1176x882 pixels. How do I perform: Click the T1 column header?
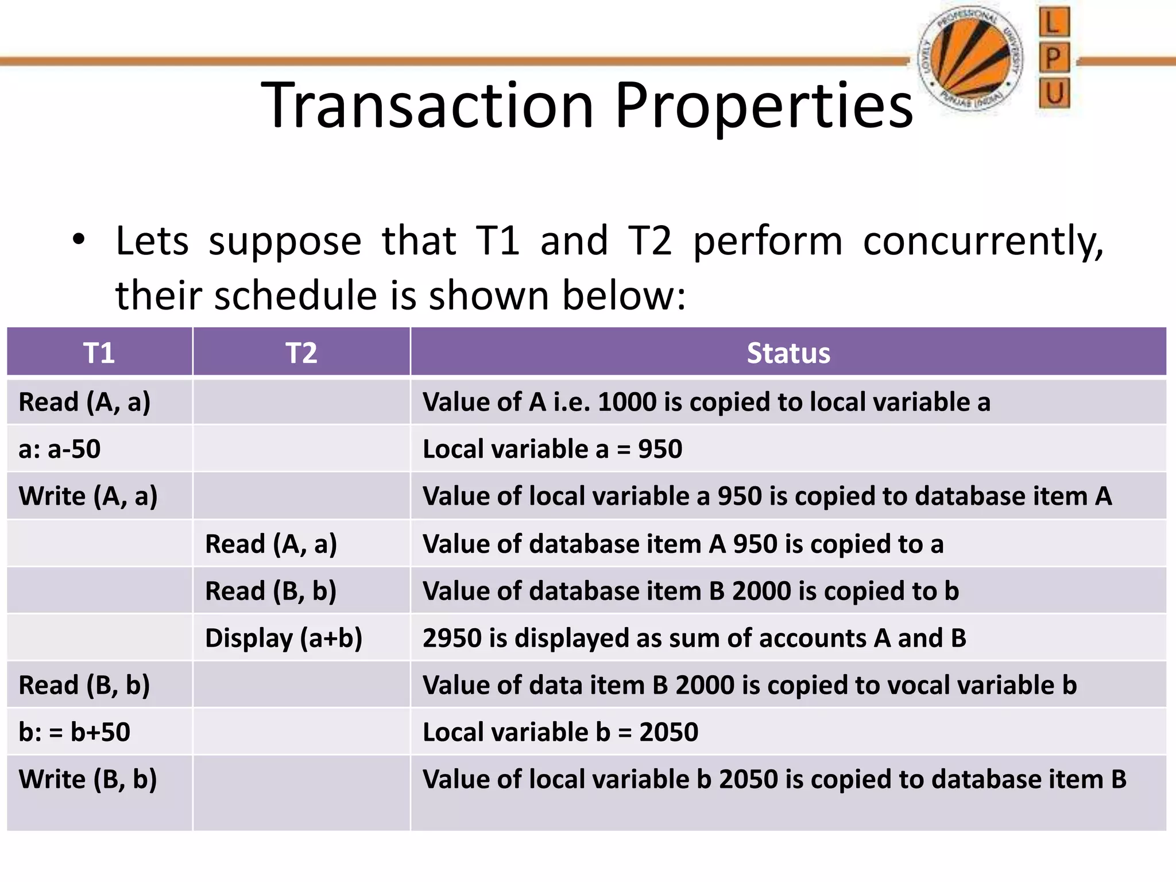(99, 353)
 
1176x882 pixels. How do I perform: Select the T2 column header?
(301, 353)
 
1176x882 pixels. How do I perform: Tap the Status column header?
(788, 353)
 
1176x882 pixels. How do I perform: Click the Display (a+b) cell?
(284, 638)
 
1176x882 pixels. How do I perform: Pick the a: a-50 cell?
(60, 449)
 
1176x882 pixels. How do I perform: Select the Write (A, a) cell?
(88, 496)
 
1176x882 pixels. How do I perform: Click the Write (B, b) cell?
(88, 779)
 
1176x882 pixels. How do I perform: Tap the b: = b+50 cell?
(75, 732)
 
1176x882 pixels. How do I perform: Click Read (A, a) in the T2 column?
(271, 544)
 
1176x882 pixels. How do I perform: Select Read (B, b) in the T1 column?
(84, 685)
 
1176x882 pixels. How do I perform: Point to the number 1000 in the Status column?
(626, 402)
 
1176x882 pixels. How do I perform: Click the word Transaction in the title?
(427, 106)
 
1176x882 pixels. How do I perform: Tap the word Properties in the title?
(764, 106)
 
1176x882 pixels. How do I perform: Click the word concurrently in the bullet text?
(983, 241)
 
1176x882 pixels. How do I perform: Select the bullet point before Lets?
(79, 239)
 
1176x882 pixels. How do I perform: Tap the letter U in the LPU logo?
(1054, 93)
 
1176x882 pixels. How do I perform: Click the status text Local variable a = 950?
(552, 449)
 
